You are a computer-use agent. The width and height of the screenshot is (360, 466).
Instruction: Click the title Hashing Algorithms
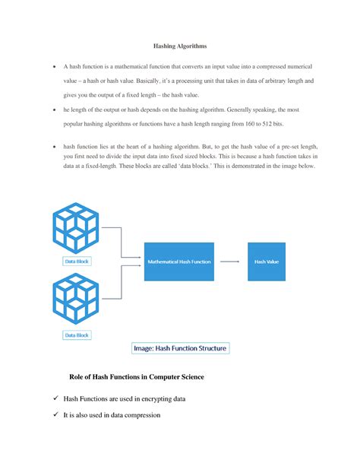[x=180, y=46]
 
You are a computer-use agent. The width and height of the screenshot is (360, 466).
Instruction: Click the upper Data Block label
[x=76, y=260]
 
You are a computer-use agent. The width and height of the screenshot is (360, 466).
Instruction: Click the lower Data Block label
[x=76, y=334]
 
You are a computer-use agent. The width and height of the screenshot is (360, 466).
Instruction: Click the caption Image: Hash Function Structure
[x=180, y=349]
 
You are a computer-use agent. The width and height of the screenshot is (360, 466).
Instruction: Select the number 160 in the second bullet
[x=241, y=123]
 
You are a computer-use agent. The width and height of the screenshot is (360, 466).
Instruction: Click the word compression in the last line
[x=161, y=415]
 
